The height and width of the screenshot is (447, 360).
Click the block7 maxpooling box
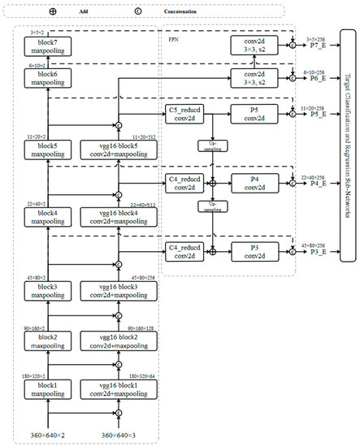click(48, 44)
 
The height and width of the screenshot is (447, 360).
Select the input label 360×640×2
click(48, 436)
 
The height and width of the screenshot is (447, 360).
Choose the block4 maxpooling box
click(48, 216)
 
